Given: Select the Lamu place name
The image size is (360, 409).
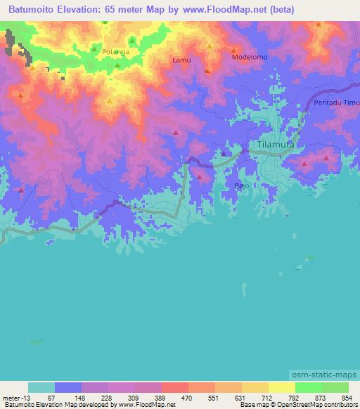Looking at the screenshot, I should [181, 61].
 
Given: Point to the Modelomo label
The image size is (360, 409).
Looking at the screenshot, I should [250, 57].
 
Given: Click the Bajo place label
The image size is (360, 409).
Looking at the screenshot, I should [242, 186].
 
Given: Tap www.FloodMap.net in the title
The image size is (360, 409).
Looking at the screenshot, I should [214, 10].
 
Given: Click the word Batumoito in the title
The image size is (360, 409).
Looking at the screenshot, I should [35, 10].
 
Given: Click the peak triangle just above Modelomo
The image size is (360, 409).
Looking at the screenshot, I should [236, 49].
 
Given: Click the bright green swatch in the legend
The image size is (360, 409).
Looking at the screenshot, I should [308, 387].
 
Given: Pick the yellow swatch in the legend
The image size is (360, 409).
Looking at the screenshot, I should [281, 387].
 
